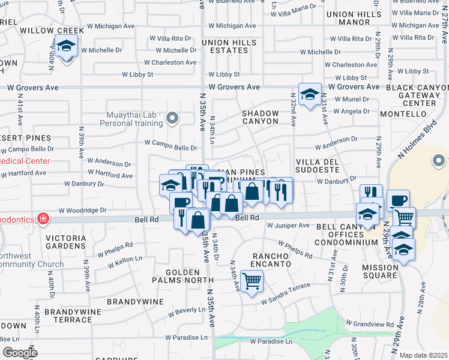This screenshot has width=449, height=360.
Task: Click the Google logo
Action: tap(20, 353)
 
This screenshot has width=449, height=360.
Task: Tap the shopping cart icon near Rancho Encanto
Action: tap(252, 280)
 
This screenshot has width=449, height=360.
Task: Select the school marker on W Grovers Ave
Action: tap(310, 94)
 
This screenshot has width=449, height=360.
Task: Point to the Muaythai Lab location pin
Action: tap(173, 117)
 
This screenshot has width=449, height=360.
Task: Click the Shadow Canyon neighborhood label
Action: tap(261, 117)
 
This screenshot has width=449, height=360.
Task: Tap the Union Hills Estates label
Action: tap(225, 47)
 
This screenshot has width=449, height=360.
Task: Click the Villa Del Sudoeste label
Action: tap(318, 166)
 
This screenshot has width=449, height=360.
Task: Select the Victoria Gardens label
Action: tap(70, 242)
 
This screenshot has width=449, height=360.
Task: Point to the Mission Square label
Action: tap(379, 271)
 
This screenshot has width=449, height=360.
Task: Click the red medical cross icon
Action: tap(43, 218)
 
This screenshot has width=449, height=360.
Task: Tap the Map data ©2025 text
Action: tap(423, 355)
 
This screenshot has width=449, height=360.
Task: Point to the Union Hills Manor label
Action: tap(346, 18)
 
